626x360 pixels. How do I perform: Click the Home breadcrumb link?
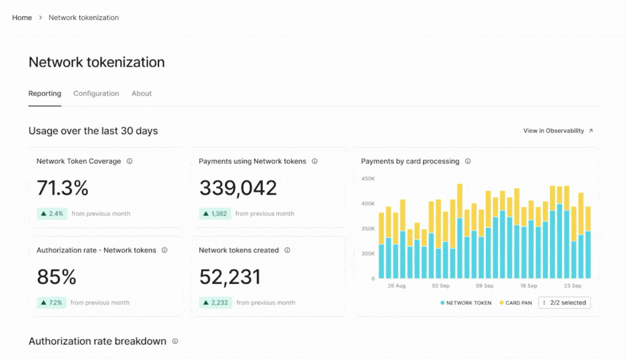(22, 17)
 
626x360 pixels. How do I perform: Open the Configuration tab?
(96, 93)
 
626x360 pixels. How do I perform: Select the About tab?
(141, 93)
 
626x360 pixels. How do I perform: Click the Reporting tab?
(44, 93)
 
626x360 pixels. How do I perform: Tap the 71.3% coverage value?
(62, 188)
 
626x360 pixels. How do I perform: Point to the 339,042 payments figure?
(238, 188)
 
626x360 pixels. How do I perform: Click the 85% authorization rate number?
(56, 277)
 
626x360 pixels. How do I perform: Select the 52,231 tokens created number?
(230, 277)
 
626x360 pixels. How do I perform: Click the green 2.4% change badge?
(52, 213)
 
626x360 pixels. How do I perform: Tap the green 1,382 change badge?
(215, 213)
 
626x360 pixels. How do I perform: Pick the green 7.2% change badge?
(51, 302)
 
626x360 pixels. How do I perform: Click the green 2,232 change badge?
(215, 302)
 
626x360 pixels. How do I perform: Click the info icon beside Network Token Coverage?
(129, 161)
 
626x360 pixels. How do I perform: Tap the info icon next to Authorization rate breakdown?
(175, 341)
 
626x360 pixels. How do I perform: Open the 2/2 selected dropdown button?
(564, 302)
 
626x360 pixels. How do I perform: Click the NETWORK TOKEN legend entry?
(465, 303)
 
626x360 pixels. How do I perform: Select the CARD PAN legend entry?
(515, 303)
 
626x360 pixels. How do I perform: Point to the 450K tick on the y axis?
(368, 178)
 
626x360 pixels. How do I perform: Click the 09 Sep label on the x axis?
(484, 286)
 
